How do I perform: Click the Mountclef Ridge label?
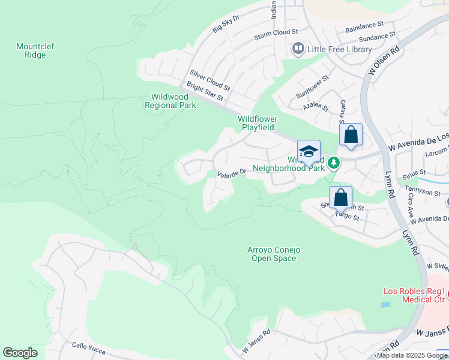click(31, 50)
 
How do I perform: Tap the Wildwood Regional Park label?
click(170, 101)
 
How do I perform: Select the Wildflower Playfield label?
click(258, 123)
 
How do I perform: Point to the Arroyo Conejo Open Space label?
click(272, 254)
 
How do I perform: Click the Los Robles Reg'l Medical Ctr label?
click(414, 296)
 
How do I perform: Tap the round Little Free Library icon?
click(298, 49)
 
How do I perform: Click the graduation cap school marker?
click(309, 151)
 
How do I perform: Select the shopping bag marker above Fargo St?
click(340, 196)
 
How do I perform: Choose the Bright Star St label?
click(205, 92)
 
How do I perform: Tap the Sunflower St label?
click(312, 88)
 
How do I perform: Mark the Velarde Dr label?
click(232, 173)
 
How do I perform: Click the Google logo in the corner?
click(20, 353)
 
